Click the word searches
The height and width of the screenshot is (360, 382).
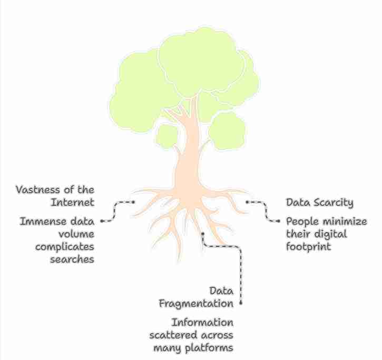72,259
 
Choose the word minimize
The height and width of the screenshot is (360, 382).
346,222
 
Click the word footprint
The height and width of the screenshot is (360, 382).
309,246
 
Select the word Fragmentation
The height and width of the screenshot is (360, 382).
196,304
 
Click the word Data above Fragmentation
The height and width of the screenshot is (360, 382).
221,291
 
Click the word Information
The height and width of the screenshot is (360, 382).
202,322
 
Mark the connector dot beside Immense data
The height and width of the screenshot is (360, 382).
101,221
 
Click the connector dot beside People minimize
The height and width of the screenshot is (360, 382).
279,222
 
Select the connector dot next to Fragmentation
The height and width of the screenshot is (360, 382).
241,304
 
